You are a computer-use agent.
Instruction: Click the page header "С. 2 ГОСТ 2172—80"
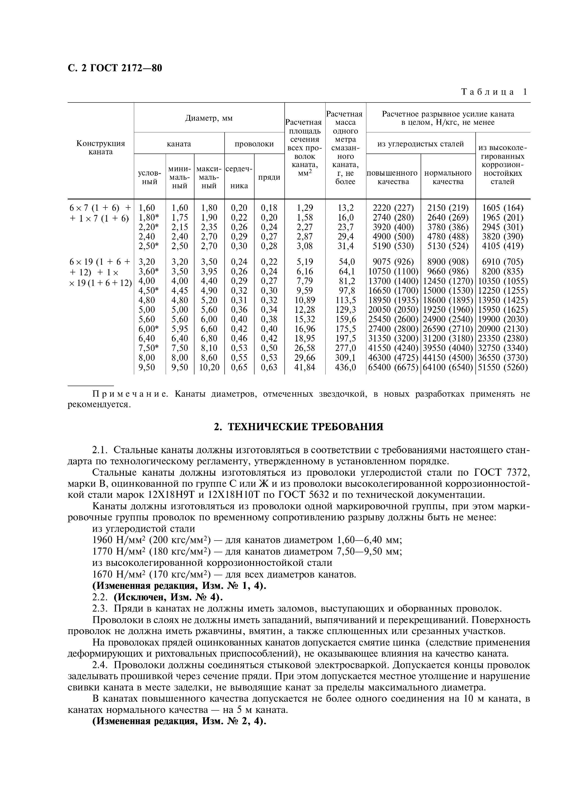pyautogui.click(x=115, y=68)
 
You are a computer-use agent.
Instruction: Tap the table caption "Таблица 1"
pyautogui.click(x=494, y=92)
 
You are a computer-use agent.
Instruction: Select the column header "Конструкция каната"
pyautogui.click(x=101, y=148)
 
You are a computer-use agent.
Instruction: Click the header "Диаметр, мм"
pyautogui.click(x=209, y=118)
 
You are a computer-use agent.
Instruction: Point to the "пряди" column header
pyautogui.click(x=269, y=177)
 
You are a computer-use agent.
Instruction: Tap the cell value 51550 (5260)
pyautogui.click(x=503, y=367)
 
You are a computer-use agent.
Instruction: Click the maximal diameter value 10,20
pyautogui.click(x=209, y=367)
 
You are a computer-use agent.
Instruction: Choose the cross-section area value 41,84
pyautogui.click(x=305, y=367)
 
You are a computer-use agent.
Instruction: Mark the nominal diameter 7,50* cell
pyautogui.click(x=149, y=348)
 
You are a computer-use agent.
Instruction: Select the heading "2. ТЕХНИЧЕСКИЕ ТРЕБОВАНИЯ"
pyautogui.click(x=299, y=427)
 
